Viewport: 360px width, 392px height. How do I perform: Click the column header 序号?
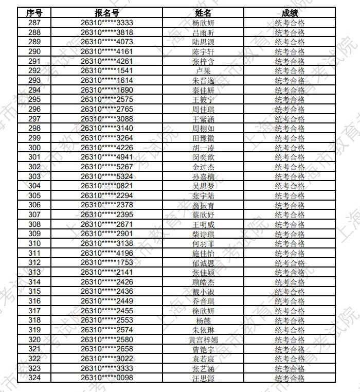(34, 13)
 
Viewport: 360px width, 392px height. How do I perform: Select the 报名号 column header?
(107, 13)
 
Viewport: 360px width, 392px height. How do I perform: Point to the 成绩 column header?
(290, 13)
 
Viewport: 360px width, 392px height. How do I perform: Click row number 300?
(34, 148)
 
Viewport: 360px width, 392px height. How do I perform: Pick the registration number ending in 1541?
(107, 71)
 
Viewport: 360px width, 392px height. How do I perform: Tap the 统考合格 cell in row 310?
(290, 244)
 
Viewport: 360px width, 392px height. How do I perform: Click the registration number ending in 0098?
(107, 378)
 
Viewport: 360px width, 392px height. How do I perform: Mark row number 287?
(34, 23)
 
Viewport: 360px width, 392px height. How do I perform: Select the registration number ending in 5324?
(107, 176)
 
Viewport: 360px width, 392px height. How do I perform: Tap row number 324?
(34, 378)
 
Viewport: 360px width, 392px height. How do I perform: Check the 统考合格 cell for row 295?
(290, 100)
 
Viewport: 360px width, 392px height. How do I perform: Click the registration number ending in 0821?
(107, 186)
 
